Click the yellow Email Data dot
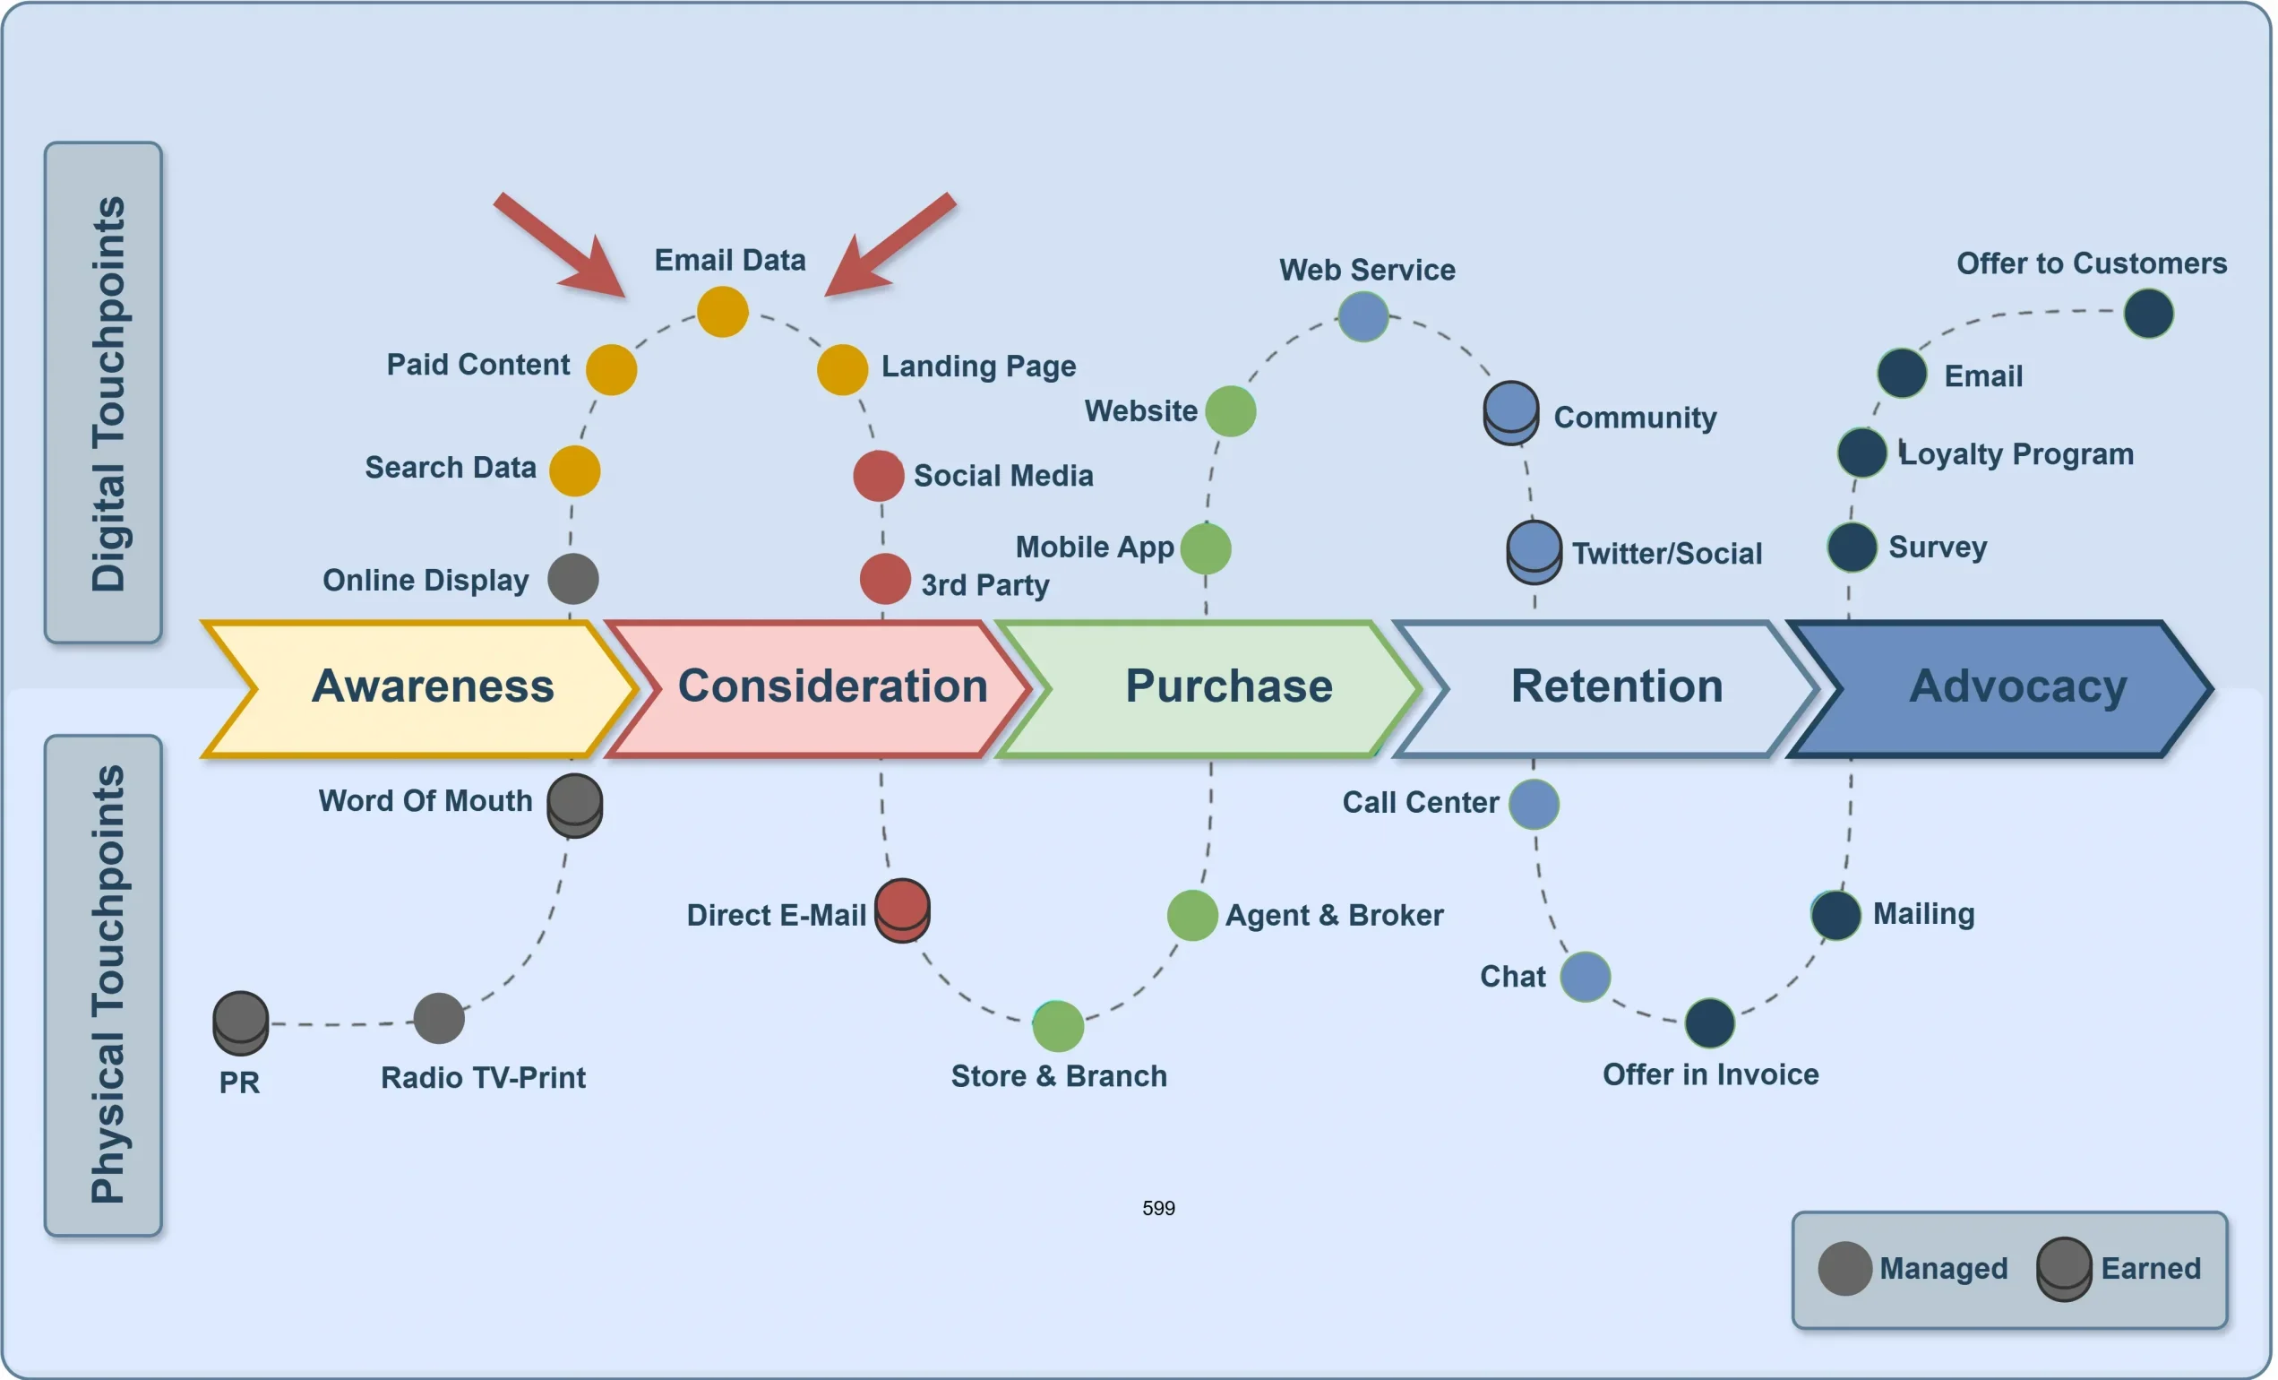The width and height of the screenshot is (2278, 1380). (722, 312)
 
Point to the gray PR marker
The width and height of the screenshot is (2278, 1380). (240, 1022)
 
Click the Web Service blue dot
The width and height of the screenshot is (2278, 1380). (1363, 316)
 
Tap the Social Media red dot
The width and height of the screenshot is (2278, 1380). (878, 476)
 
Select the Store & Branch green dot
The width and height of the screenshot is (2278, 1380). (1058, 1026)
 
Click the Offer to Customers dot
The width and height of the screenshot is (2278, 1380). (2147, 314)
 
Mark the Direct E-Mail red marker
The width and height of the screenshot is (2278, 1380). (902, 910)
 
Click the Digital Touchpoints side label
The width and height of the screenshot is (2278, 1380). (104, 392)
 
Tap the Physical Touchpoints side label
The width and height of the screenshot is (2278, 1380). (104, 985)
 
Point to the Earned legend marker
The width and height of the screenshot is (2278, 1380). (2064, 1268)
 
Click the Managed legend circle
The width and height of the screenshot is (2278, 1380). (1844, 1268)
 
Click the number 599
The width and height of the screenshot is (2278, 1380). (1158, 1208)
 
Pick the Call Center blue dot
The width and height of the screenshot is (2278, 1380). (1534, 804)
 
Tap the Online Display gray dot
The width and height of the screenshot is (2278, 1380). (573, 579)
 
